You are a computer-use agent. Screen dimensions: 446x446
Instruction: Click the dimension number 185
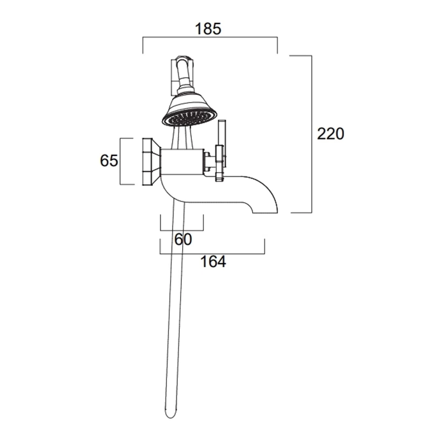pyautogui.click(x=208, y=29)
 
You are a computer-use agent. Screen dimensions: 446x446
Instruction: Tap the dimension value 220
pyautogui.click(x=331, y=134)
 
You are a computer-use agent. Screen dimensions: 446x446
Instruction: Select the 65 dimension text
pyautogui.click(x=109, y=161)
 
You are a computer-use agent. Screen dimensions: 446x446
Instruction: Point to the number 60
pyautogui.click(x=183, y=239)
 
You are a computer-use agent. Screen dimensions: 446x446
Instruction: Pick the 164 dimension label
pyautogui.click(x=213, y=262)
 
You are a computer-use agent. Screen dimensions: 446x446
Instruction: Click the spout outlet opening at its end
pyautogui.click(x=265, y=212)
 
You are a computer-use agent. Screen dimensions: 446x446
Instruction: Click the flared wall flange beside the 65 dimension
pyautogui.click(x=151, y=162)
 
